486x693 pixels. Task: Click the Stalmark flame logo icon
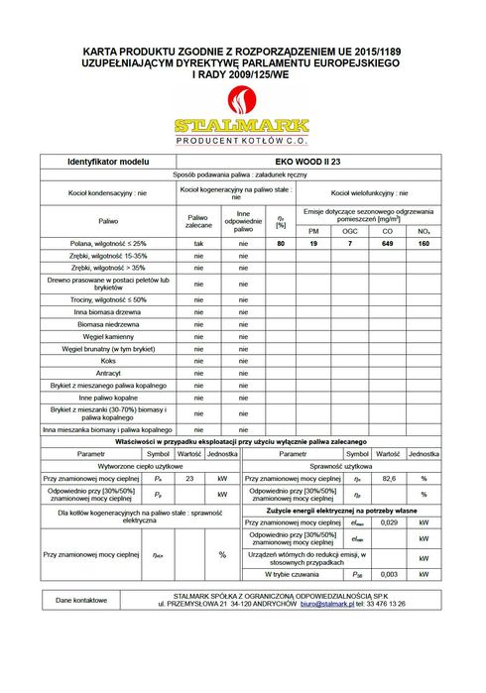tap(241, 101)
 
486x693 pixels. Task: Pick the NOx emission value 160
tap(424, 243)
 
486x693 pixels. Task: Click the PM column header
tap(312, 230)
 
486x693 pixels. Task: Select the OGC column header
tap(349, 230)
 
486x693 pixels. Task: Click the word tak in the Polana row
tap(198, 243)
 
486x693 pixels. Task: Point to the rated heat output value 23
tap(188, 478)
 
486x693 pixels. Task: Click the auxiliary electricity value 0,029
tap(389, 521)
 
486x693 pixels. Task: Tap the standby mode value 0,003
tap(389, 574)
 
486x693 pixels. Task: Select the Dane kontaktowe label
tap(81, 599)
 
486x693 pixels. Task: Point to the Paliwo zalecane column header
tap(198, 222)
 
